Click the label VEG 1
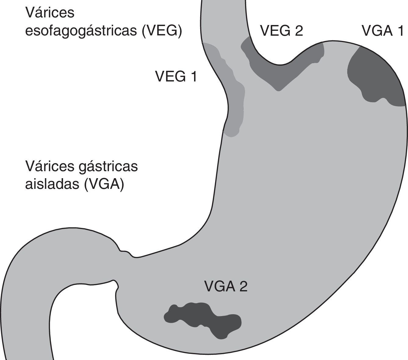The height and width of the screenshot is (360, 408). (x=176, y=76)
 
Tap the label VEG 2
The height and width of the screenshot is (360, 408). (x=281, y=31)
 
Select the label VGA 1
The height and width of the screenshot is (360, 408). (x=383, y=31)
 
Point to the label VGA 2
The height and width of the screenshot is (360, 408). (x=226, y=286)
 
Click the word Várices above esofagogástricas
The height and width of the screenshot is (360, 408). (x=50, y=13)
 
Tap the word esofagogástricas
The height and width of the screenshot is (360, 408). (x=81, y=31)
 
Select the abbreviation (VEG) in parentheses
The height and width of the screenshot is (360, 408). (x=162, y=31)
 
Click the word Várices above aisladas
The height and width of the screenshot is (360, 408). (x=50, y=167)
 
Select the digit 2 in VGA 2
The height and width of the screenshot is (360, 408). (x=243, y=286)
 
